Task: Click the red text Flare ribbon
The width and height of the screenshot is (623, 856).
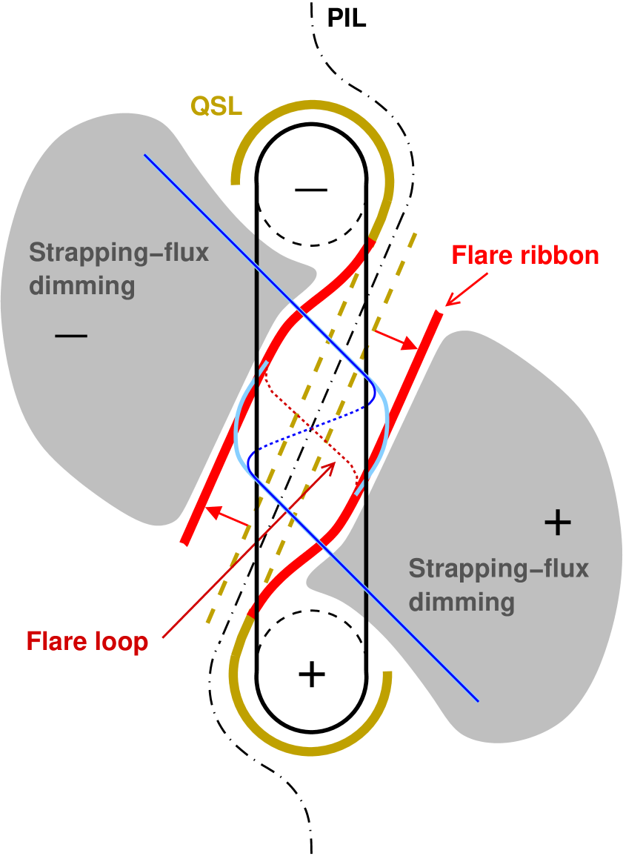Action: (524, 256)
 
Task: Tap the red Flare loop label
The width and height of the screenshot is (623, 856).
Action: (87, 641)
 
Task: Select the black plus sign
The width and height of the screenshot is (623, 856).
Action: (557, 523)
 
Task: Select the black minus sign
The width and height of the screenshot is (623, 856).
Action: (71, 336)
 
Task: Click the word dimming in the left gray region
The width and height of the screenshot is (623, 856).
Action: (82, 285)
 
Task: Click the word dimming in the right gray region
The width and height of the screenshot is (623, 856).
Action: (462, 601)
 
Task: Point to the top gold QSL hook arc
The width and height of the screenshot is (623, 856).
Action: (311, 110)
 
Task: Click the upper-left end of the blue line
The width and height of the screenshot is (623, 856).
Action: (145, 156)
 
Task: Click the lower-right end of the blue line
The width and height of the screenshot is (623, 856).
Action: (478, 700)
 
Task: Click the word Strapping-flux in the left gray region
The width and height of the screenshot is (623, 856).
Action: (119, 253)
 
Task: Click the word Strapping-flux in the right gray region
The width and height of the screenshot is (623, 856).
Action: (498, 568)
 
